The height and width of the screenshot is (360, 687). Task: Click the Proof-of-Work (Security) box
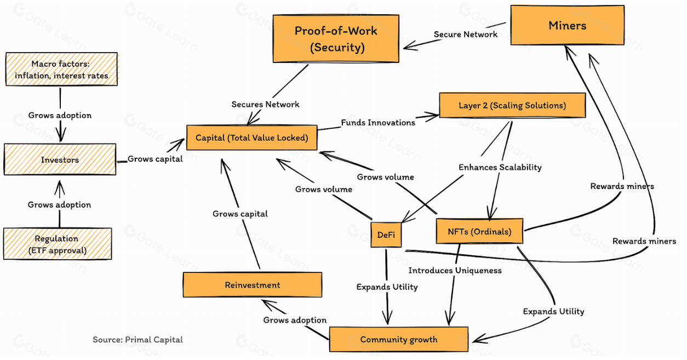point(336,38)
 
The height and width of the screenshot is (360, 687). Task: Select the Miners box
point(567,25)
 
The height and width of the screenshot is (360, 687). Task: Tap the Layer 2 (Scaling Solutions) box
point(512,105)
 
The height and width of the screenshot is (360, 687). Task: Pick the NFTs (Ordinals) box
point(479,231)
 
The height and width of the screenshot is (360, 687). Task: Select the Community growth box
point(398,339)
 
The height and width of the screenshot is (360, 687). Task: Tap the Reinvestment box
point(252,285)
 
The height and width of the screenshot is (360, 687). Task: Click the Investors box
point(60,160)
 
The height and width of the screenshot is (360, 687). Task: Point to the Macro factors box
point(61,70)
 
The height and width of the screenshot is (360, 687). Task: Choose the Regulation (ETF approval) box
point(57,244)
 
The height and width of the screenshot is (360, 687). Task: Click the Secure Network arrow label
point(465,35)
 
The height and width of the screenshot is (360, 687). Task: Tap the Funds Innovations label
point(377,122)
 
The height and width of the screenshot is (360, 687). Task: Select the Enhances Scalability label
point(500,167)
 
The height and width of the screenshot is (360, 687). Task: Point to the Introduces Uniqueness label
point(455,270)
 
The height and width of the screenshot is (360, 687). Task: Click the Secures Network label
point(265,104)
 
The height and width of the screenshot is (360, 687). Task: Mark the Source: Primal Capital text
point(138,340)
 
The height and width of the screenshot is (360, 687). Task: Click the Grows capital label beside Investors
point(155,159)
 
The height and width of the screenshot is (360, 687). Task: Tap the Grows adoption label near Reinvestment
point(295,320)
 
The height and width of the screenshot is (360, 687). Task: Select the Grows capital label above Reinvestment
point(240,214)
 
